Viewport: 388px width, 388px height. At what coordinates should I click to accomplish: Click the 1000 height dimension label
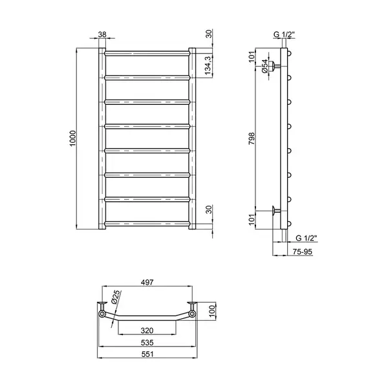pyautogui.click(x=72, y=138)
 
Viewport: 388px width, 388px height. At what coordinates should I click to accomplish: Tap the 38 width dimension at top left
pyautogui.click(x=102, y=34)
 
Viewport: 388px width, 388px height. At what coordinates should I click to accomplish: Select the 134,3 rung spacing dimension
pyautogui.click(x=208, y=65)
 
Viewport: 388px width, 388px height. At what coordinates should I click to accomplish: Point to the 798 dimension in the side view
pyautogui.click(x=252, y=138)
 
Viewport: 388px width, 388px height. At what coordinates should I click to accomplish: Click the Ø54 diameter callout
pyautogui.click(x=264, y=66)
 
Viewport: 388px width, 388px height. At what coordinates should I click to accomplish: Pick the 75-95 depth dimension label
pyautogui.click(x=303, y=252)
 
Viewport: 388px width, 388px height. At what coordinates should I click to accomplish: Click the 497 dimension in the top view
pyautogui.click(x=147, y=282)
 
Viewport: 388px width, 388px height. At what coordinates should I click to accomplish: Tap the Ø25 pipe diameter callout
pyautogui.click(x=115, y=297)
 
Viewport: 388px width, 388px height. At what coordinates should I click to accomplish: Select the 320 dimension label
pyautogui.click(x=147, y=330)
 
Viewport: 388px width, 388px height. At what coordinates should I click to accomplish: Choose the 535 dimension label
pyautogui.click(x=147, y=343)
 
